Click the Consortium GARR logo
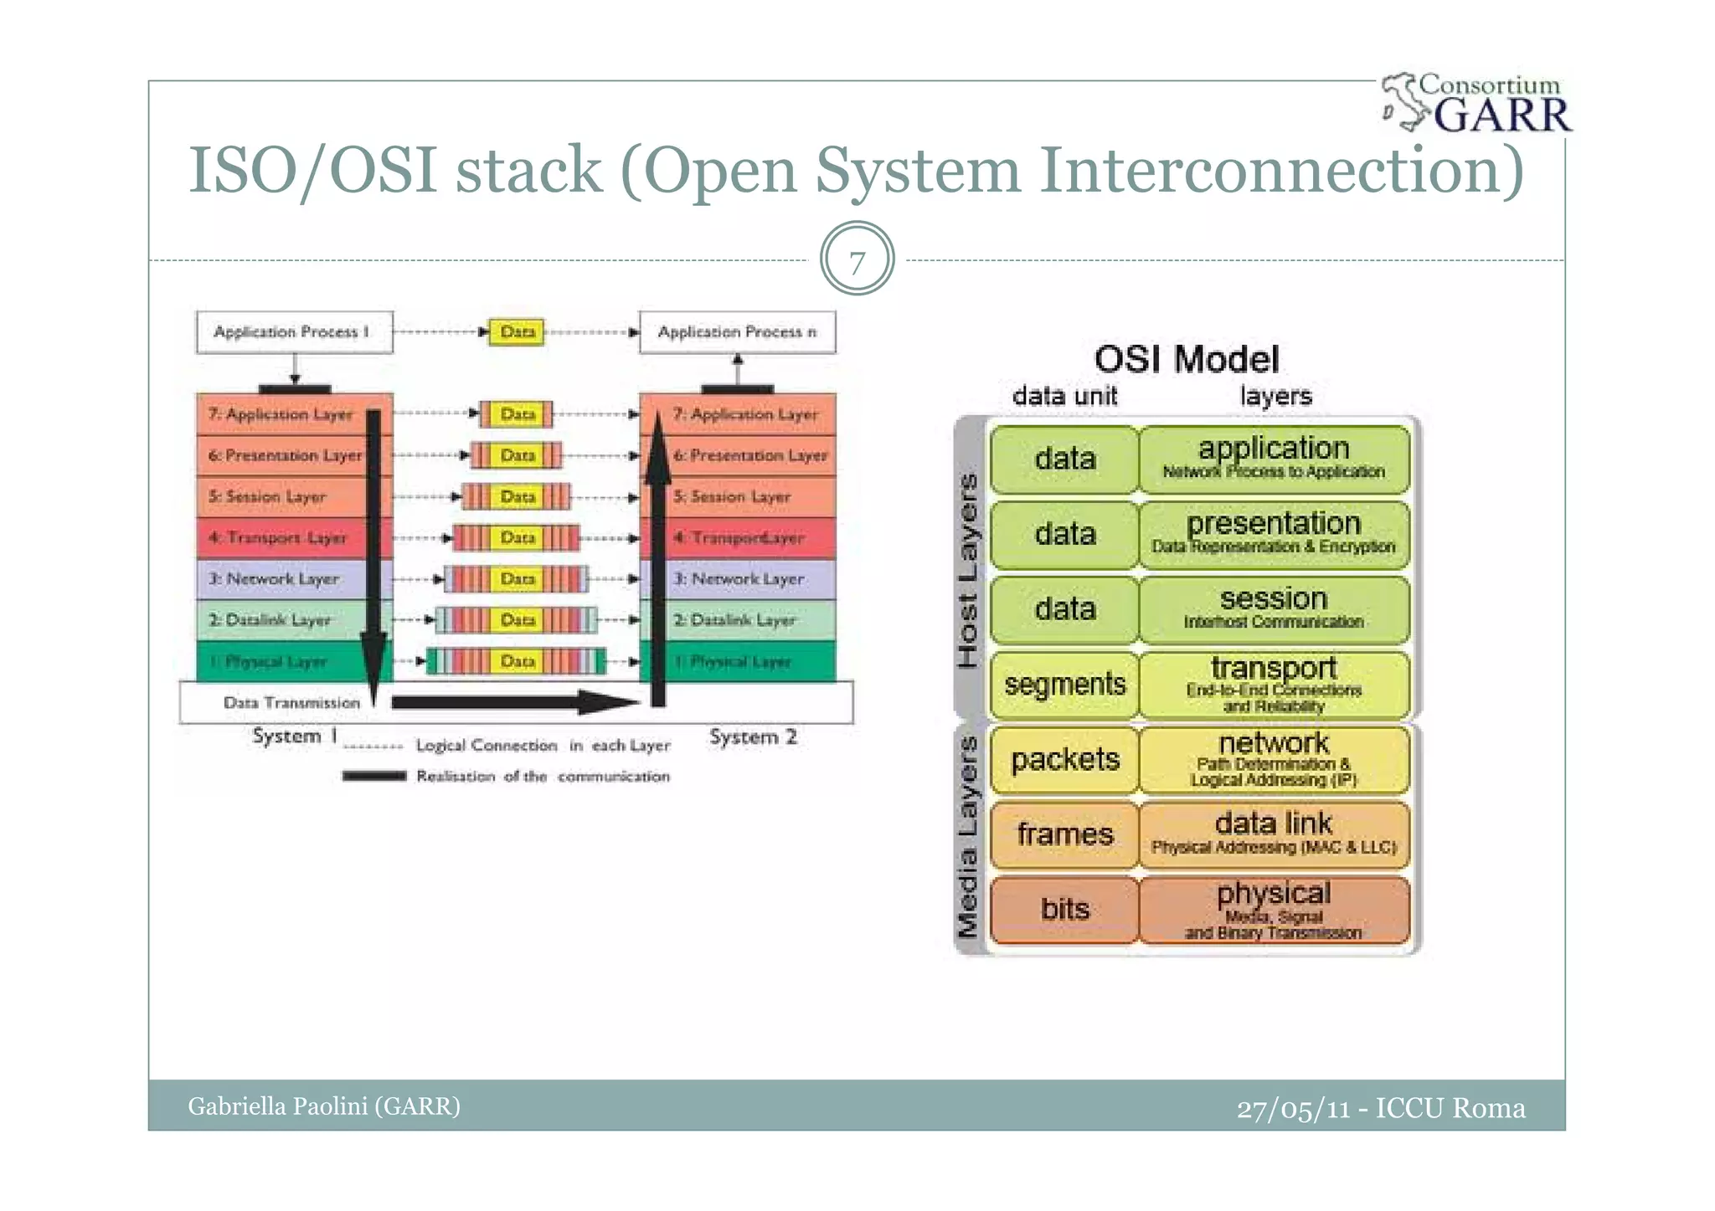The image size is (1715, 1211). point(1478,104)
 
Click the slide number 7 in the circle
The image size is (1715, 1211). point(857,261)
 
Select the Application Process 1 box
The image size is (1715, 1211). point(294,332)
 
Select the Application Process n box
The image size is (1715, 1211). point(737,332)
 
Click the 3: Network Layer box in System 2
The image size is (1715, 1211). point(745,579)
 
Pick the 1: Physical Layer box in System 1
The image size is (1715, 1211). point(276,662)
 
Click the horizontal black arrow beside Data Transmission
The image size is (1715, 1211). point(511,702)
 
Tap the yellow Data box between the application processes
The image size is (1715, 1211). point(517,332)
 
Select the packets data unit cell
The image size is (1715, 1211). point(1064,760)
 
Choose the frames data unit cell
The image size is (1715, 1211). point(1064,834)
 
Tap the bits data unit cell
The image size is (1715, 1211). point(1064,910)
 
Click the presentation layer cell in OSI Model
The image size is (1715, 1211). point(1274,533)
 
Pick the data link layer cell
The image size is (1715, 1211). point(1274,834)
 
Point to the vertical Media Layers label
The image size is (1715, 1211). point(968,837)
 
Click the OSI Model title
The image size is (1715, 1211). point(1186,360)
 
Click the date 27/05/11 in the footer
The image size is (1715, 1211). point(1293,1109)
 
